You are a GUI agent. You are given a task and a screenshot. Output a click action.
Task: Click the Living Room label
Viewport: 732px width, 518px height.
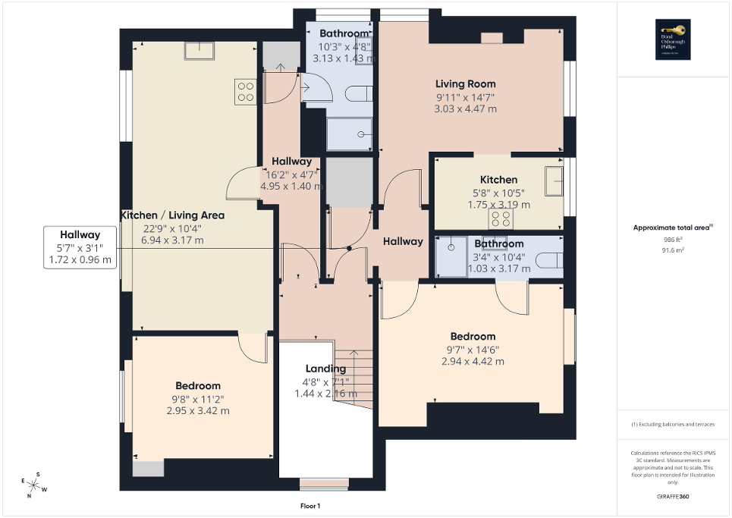click(x=465, y=84)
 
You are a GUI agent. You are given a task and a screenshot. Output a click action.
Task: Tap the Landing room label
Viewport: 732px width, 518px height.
click(x=325, y=369)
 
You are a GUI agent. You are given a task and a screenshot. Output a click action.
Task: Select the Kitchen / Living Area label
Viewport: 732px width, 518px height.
click(x=173, y=215)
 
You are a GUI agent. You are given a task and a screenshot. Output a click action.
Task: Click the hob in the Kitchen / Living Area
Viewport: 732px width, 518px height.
click(x=246, y=92)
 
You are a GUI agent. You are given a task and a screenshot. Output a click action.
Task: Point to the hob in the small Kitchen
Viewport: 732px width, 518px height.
click(x=501, y=219)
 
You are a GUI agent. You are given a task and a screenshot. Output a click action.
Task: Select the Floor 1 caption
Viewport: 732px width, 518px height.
click(x=311, y=506)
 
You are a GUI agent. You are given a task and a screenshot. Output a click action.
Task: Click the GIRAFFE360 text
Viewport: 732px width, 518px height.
click(x=674, y=497)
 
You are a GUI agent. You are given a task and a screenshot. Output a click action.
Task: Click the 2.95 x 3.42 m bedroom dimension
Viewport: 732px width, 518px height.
click(x=197, y=410)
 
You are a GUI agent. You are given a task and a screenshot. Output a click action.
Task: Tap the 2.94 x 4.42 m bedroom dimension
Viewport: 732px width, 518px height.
click(x=473, y=361)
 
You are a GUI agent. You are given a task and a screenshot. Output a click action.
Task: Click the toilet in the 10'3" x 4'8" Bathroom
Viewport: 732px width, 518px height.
click(x=357, y=93)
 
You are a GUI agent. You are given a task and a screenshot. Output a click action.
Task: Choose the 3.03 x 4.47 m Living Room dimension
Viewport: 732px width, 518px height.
click(x=465, y=108)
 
